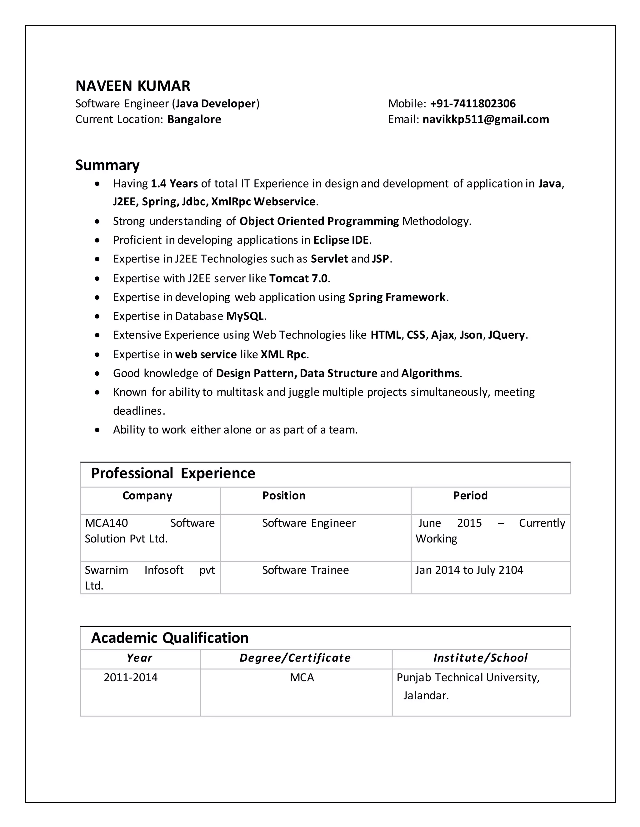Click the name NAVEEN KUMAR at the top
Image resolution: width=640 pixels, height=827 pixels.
pyautogui.click(x=133, y=86)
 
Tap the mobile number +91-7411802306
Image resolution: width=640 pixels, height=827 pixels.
pyautogui.click(x=473, y=104)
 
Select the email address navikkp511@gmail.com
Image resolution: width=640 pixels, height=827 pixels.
pyautogui.click(x=485, y=119)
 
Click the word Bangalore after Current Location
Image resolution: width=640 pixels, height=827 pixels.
pyautogui.click(x=194, y=119)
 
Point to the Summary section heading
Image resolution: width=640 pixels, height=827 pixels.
pyautogui.click(x=107, y=165)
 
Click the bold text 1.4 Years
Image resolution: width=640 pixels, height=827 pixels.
pyautogui.click(x=174, y=184)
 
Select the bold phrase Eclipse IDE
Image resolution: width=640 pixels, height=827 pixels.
pyautogui.click(x=341, y=240)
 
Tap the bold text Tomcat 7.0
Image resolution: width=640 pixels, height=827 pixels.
pyautogui.click(x=298, y=279)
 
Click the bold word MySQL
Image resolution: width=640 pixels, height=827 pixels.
pyautogui.click(x=245, y=316)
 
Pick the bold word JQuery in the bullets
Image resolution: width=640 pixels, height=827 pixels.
pyautogui.click(x=507, y=335)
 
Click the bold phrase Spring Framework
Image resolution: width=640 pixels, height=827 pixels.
pyautogui.click(x=397, y=297)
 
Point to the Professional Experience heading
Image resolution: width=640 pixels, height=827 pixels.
pyautogui.click(x=173, y=473)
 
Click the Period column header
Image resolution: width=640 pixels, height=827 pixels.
pyautogui.click(x=470, y=496)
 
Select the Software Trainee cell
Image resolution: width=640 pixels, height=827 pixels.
pyautogui.click(x=305, y=570)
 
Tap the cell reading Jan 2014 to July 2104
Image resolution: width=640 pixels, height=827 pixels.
pyautogui.click(x=469, y=570)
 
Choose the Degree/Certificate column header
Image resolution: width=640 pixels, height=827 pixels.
pyautogui.click(x=295, y=658)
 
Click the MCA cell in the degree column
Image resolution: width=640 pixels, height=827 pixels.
pyautogui.click(x=302, y=678)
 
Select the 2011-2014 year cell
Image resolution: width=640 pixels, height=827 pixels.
pyautogui.click(x=131, y=678)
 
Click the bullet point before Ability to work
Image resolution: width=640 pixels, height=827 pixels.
pyautogui.click(x=98, y=430)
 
